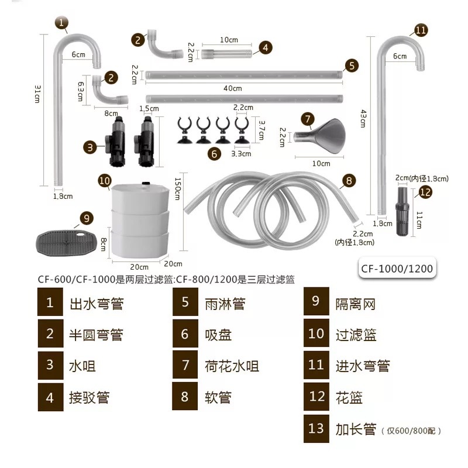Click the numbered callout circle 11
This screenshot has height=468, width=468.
point(421,30)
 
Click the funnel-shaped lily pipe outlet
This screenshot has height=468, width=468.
point(320,135)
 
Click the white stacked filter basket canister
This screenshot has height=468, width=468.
point(139,219)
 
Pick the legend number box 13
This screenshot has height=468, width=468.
point(316,428)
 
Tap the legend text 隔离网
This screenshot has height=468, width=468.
point(355,303)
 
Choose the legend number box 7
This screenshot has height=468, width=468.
point(185,366)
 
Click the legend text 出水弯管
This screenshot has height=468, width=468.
point(97,304)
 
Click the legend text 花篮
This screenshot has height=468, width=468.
point(349,398)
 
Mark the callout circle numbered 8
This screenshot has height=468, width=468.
point(349,181)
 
